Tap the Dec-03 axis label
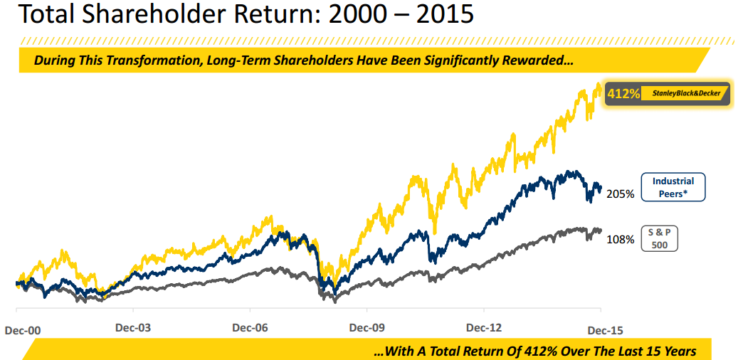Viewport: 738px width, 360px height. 133,329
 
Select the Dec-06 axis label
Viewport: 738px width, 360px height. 250,329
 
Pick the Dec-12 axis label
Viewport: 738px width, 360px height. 485,329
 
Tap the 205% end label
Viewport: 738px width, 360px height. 620,194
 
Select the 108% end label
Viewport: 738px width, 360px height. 620,240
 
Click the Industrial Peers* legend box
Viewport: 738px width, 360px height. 673,187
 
